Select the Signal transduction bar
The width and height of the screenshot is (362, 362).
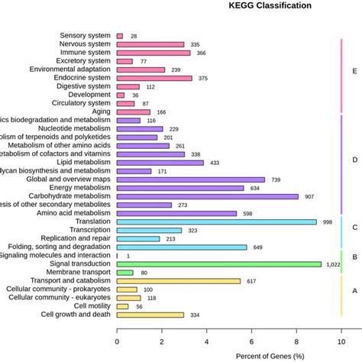click(x=229, y=264)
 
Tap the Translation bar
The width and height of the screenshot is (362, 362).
click(x=216, y=221)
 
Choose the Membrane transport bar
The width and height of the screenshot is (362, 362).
click(x=125, y=273)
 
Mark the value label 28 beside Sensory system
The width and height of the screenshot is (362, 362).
click(x=134, y=36)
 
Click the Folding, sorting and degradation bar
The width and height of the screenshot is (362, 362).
click(x=182, y=247)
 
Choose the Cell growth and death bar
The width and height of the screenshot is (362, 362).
click(x=150, y=315)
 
